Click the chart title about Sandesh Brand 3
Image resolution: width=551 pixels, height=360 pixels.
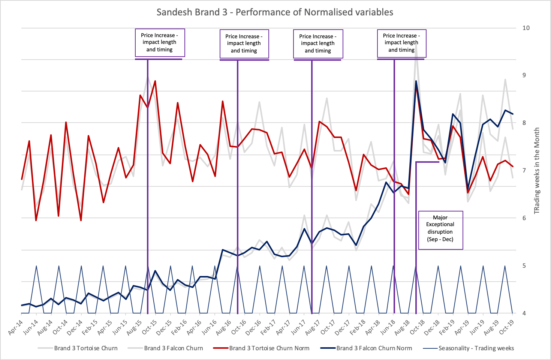coord(275,12)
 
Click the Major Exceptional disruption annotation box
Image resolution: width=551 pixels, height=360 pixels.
coord(440,228)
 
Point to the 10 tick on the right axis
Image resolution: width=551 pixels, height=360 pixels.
coord(526,28)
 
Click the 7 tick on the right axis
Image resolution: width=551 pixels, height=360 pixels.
coord(524,170)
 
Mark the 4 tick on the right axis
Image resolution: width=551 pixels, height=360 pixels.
coord(524,313)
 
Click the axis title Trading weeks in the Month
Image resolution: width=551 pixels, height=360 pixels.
coord(537,171)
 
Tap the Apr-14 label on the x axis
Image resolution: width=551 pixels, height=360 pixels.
coord(16,327)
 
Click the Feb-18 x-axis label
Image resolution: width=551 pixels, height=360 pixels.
coord(358,327)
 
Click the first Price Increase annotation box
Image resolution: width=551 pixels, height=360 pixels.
coord(160,42)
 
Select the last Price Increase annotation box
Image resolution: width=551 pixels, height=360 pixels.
coord(401,43)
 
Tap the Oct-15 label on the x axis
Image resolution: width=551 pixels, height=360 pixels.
coord(150,327)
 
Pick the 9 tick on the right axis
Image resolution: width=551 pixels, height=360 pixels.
coord(524,75)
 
